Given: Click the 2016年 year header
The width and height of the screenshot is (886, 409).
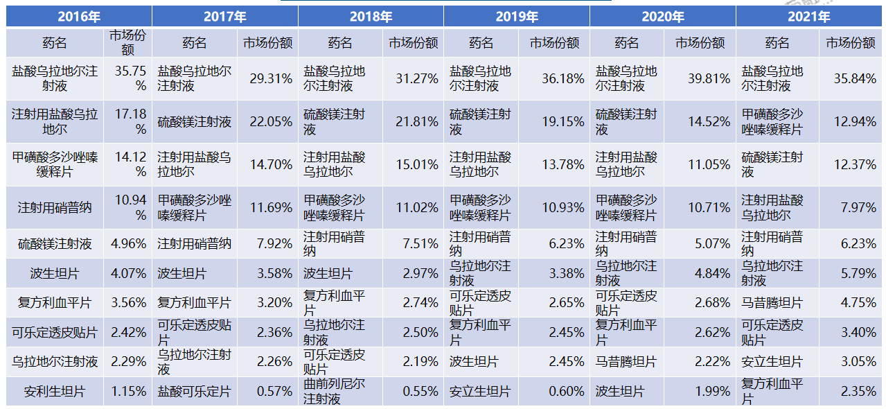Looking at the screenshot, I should coord(79,17).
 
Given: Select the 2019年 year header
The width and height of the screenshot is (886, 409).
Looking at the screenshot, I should coord(517,17).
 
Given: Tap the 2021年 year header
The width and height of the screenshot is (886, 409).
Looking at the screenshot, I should coord(809,17).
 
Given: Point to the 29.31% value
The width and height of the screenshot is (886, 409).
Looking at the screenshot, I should coord(269,79).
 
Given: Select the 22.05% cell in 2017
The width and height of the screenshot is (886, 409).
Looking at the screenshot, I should coord(269,122).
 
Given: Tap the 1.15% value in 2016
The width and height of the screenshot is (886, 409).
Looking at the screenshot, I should coord(129,392).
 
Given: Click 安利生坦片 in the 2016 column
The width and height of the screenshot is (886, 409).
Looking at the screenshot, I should coord(55,392).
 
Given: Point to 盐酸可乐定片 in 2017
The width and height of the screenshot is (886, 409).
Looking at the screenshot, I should coord(194,392).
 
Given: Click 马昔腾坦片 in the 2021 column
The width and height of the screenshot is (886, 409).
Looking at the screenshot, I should coord(772,303).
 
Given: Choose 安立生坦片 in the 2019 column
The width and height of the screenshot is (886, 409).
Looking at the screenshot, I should coord(480,392).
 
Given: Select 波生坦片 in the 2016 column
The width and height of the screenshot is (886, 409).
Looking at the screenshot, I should coord(55,273).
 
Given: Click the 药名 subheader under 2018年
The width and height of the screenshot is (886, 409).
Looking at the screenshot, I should coord(340,43).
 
